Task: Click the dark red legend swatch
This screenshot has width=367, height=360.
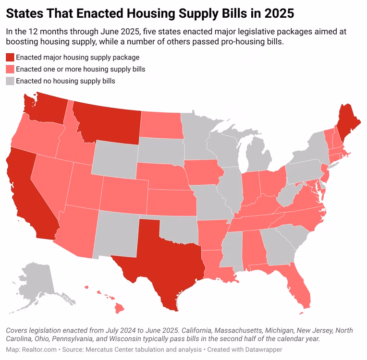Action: click(10, 57)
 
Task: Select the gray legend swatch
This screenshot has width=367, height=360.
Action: click(10, 81)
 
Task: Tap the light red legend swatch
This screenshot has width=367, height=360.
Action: click(10, 69)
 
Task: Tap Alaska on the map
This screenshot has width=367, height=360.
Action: click(36, 278)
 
